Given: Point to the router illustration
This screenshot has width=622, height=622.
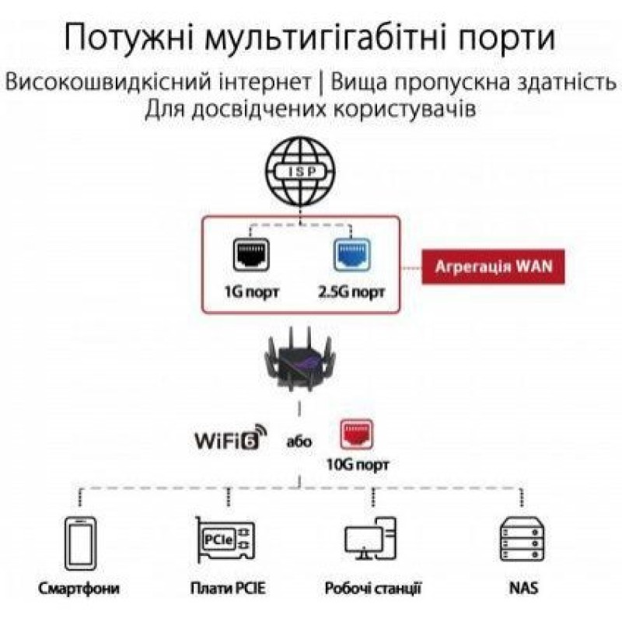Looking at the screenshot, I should click(x=302, y=365).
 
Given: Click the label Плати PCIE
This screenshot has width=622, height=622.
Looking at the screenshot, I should click(x=227, y=588).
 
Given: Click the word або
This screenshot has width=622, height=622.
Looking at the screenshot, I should click(x=299, y=442).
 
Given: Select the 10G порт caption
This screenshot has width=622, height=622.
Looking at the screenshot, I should click(x=358, y=465).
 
